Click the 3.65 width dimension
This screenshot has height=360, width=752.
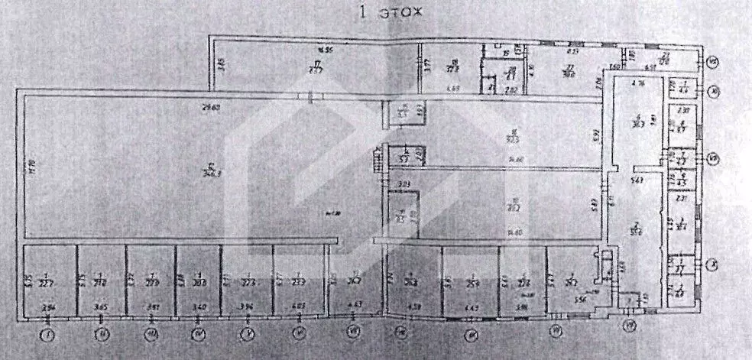100,308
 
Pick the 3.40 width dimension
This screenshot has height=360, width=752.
199,308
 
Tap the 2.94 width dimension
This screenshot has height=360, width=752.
49,308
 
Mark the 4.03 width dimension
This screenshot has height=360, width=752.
299,308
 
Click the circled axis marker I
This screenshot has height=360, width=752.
49,334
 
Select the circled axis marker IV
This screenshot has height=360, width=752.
199,334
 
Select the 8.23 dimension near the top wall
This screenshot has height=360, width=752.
571,51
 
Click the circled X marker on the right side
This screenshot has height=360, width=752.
712,265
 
